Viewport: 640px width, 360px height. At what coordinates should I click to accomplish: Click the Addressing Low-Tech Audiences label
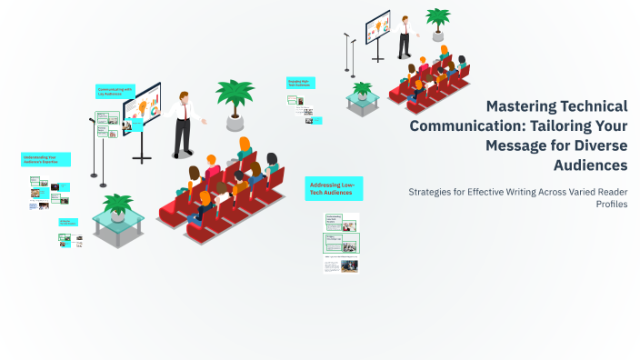click(333, 188)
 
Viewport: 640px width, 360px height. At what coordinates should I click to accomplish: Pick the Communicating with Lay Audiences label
click(115, 91)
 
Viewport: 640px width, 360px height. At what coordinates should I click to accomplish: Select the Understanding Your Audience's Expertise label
click(45, 159)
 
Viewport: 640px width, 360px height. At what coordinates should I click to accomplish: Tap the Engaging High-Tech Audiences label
click(301, 82)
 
